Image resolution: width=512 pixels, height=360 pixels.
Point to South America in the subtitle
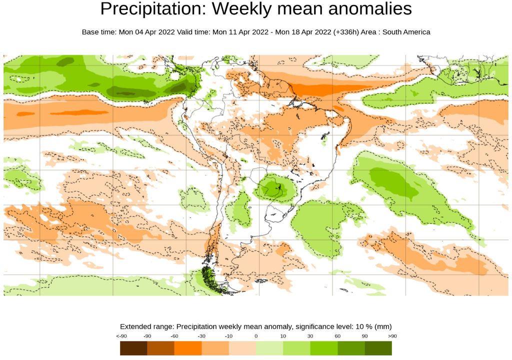(x=406, y=32)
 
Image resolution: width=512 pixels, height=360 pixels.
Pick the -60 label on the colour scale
(x=174, y=336)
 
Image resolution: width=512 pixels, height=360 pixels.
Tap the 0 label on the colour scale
(x=256, y=336)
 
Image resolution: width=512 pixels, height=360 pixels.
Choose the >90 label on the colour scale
(x=392, y=336)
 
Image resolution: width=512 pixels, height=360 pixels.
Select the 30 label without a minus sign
(x=310, y=336)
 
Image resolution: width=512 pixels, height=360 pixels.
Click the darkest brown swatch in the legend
(x=133, y=348)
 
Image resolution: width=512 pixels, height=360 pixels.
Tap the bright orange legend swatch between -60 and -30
(x=188, y=348)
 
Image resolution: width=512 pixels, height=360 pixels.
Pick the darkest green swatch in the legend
(x=378, y=348)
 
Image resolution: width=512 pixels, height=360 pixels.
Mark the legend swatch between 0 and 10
(x=269, y=348)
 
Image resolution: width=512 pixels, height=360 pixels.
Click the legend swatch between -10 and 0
(x=242, y=348)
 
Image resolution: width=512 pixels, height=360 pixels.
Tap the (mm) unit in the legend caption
(x=383, y=326)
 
